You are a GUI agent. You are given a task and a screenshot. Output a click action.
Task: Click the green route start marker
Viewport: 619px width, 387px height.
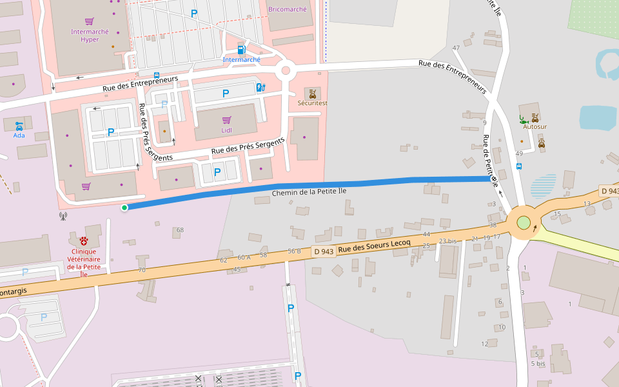(x=124, y=207)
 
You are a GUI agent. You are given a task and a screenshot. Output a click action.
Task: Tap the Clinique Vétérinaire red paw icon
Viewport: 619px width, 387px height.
(x=84, y=241)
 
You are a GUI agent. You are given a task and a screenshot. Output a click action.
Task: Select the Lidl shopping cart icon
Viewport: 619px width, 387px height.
(x=226, y=120)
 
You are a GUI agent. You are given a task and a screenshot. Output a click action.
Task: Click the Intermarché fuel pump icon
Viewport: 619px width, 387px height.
(x=241, y=50)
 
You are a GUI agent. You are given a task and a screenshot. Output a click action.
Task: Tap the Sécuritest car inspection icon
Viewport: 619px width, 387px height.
(x=312, y=94)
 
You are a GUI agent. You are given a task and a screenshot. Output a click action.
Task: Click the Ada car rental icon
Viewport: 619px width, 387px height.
(x=19, y=125)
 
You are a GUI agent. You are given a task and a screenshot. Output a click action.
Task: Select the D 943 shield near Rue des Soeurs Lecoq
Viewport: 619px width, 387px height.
(x=324, y=252)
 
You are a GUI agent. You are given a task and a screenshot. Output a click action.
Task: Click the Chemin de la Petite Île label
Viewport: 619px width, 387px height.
(x=309, y=192)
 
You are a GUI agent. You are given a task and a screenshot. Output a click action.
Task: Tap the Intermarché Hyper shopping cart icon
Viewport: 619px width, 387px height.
(x=90, y=21)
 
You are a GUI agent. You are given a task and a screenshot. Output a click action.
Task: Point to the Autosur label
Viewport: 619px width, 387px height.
(x=535, y=127)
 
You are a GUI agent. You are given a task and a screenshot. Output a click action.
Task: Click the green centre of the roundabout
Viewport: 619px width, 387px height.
(x=524, y=223)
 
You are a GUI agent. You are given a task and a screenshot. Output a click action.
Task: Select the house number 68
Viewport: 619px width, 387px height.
(x=180, y=230)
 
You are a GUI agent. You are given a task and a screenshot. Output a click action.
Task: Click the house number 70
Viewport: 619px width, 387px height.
(x=142, y=270)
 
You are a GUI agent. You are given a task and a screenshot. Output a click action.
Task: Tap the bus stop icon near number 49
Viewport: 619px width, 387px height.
(x=519, y=166)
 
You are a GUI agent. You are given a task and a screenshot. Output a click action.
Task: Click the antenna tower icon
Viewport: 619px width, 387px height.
(x=63, y=217)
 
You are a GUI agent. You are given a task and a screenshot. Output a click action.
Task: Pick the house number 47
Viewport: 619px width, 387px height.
(x=456, y=48)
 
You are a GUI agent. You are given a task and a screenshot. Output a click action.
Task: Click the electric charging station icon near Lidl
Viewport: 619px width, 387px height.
(x=260, y=87)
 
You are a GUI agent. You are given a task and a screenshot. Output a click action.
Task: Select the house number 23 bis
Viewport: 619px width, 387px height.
(x=447, y=241)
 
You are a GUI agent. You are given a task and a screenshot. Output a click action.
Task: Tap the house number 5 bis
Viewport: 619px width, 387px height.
(x=538, y=364)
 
